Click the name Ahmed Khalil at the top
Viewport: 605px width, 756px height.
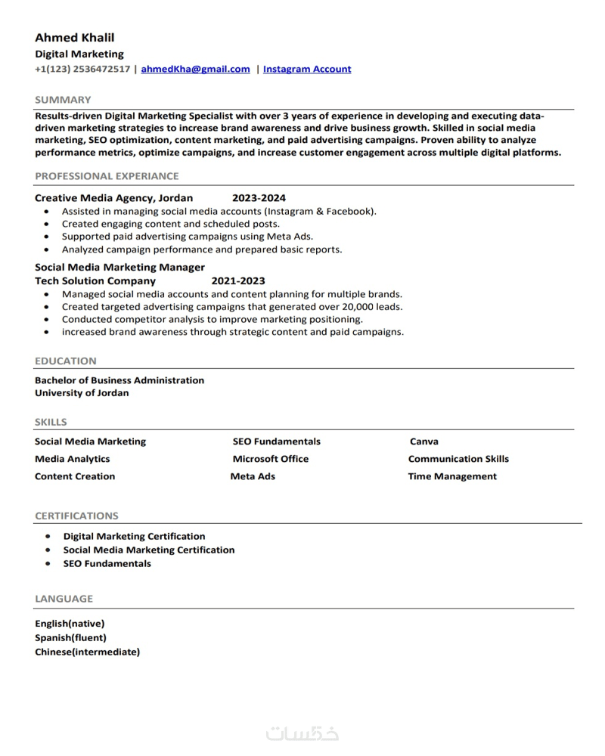[x=75, y=38]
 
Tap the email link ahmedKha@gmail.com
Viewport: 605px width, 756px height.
[x=195, y=69]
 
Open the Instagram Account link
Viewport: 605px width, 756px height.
[x=307, y=69]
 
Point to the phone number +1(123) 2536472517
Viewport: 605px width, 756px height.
[x=82, y=69]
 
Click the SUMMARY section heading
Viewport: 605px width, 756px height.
[x=63, y=100]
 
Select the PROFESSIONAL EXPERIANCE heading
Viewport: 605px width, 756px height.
[x=107, y=176]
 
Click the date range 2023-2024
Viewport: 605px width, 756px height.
[x=259, y=198]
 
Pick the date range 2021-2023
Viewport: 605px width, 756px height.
[x=238, y=280]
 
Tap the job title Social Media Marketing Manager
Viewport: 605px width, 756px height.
[x=119, y=267]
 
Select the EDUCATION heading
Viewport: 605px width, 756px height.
[x=66, y=361]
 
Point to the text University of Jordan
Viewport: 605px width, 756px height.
[x=82, y=393]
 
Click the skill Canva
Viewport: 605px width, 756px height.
[x=423, y=442]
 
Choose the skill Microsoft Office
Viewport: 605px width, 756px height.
[x=271, y=459]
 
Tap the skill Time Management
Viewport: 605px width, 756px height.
[x=452, y=476]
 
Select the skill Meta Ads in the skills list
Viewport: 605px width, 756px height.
[x=253, y=476]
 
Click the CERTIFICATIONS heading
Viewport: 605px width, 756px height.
[x=76, y=516]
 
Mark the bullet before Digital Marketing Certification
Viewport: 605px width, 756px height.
[x=48, y=536]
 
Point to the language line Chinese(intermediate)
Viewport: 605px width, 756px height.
[x=87, y=652]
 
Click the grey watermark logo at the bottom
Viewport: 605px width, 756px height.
[x=302, y=733]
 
